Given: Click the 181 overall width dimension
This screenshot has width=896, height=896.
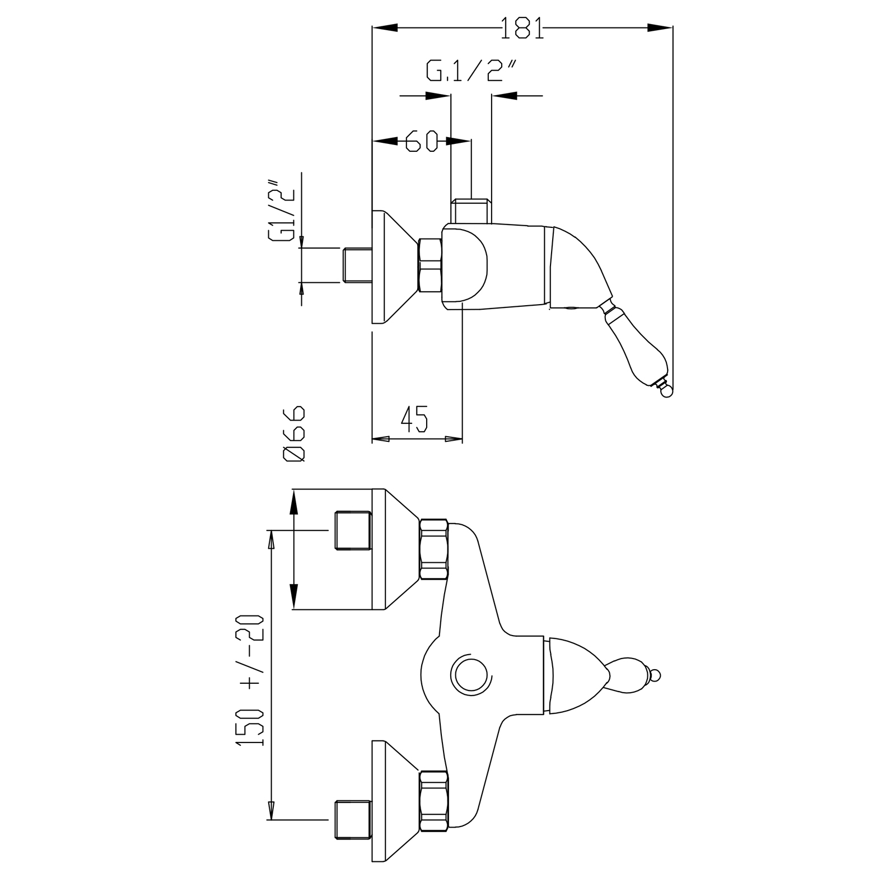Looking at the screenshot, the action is point(522,28).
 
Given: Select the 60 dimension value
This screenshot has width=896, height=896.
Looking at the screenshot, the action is point(421,141).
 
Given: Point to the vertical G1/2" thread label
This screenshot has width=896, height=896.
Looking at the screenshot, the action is point(283,210).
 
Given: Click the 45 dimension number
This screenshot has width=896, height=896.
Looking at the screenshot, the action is point(414,419).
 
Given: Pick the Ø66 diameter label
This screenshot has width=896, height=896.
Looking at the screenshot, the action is point(295,433).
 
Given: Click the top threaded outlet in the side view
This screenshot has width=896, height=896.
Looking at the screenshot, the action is point(471,211).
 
